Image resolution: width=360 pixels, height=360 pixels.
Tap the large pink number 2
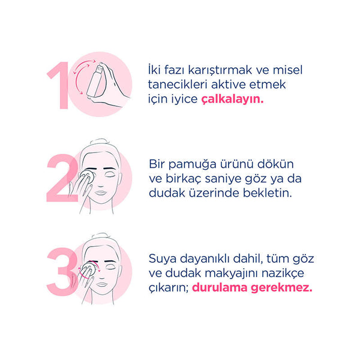coord(62,178)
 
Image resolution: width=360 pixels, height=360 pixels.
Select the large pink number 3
coord(62,272)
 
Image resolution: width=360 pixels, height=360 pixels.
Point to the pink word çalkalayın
coord(232,100)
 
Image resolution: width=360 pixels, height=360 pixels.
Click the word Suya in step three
coord(163,259)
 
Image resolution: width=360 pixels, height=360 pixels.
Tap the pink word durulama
coord(220,287)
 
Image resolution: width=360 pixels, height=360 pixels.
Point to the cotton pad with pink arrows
coord(89,269)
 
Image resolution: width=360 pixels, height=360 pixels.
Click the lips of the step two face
coord(101,193)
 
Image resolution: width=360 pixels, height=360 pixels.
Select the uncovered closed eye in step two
coord(110,174)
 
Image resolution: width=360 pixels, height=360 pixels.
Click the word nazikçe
coord(283,274)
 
